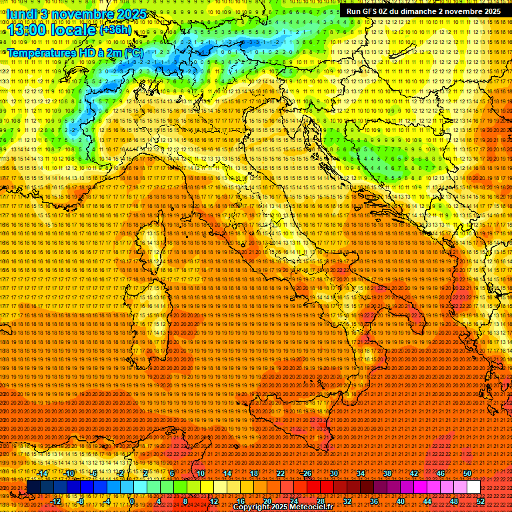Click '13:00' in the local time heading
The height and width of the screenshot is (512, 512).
point(26,30)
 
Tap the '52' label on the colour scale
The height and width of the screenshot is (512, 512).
point(480,501)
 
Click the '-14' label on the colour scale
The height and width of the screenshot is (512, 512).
point(43,473)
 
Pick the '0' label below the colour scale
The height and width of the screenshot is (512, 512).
point(132,501)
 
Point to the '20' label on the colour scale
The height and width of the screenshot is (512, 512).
point(267,501)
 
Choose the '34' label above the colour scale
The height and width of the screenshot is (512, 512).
point(361,473)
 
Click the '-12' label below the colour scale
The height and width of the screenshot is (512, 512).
point(56,501)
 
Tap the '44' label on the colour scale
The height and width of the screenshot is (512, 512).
point(427,501)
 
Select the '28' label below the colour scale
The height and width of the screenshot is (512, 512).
point(320,501)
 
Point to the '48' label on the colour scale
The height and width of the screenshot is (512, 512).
point(453,501)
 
